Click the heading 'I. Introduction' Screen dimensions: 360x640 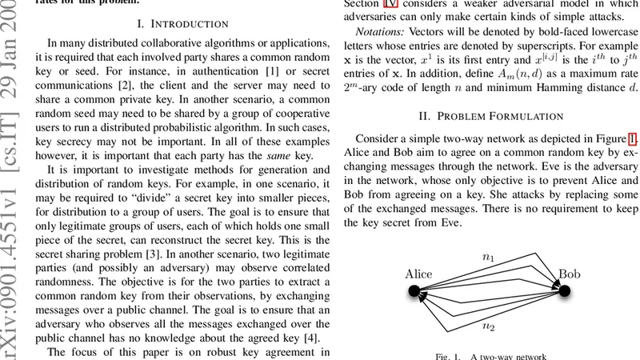click(x=182, y=24)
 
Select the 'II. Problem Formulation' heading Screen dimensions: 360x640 click(x=491, y=116)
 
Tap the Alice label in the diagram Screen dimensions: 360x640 click(x=418, y=274)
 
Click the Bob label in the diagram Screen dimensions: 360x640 click(x=570, y=274)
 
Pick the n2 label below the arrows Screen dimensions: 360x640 click(x=488, y=326)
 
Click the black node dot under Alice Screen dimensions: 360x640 click(x=415, y=293)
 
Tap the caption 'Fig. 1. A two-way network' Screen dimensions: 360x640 click(x=490, y=355)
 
